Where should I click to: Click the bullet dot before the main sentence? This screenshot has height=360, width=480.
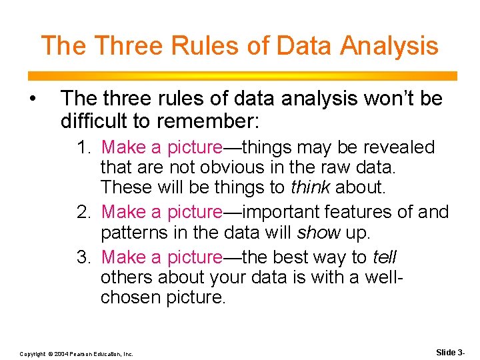(x=32, y=99)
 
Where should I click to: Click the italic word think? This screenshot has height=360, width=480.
(x=311, y=188)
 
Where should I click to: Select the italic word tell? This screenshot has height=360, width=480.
(x=385, y=257)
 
